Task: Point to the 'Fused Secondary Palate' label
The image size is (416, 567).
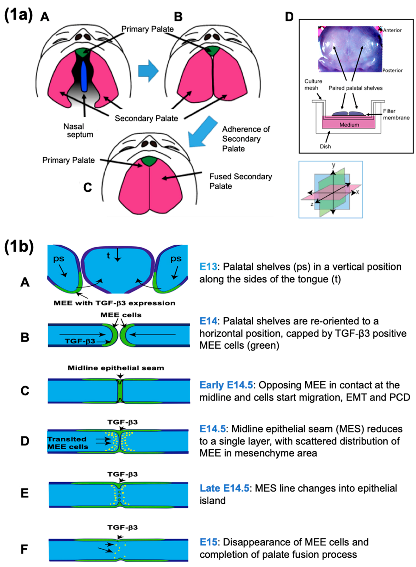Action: pos(240,181)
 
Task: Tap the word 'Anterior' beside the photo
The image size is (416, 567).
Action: pos(392,30)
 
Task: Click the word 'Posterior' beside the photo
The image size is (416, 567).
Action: pos(392,71)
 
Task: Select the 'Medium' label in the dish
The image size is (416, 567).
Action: pos(349,125)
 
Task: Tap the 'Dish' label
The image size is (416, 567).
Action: pos(325,146)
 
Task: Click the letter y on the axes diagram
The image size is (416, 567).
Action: pos(333,165)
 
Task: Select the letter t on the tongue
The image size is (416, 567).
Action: pos(108,255)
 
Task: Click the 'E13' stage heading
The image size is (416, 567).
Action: pos(208,267)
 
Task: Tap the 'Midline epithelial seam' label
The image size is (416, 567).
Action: pos(116,368)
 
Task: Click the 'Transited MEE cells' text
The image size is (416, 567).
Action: pos(68,443)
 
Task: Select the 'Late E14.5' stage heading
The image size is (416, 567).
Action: pos(224,488)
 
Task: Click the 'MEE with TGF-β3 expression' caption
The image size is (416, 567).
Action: pos(114,303)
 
